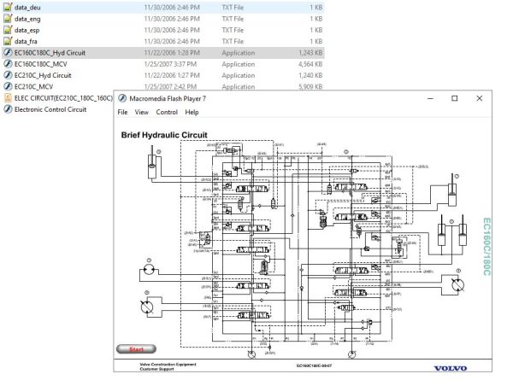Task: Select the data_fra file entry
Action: pyautogui.click(x=27, y=40)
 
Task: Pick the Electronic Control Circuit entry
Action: pyautogui.click(x=50, y=110)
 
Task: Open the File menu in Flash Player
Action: pyautogui.click(x=122, y=112)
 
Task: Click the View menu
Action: pyautogui.click(x=142, y=112)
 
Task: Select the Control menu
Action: pyautogui.click(x=167, y=112)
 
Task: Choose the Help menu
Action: pyautogui.click(x=192, y=112)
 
